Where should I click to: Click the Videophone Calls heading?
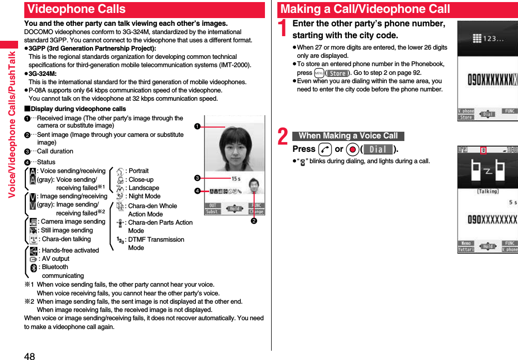point(76,9)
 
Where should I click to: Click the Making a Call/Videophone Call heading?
point(365,9)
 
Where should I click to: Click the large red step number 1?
point(283,29)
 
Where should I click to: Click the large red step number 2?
point(283,137)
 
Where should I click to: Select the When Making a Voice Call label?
point(348,136)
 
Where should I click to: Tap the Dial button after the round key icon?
point(378,149)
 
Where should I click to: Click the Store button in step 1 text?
point(338,73)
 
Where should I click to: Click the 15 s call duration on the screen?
point(236,178)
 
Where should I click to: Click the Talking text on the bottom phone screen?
point(487,191)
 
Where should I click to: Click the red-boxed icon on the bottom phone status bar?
point(483,150)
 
